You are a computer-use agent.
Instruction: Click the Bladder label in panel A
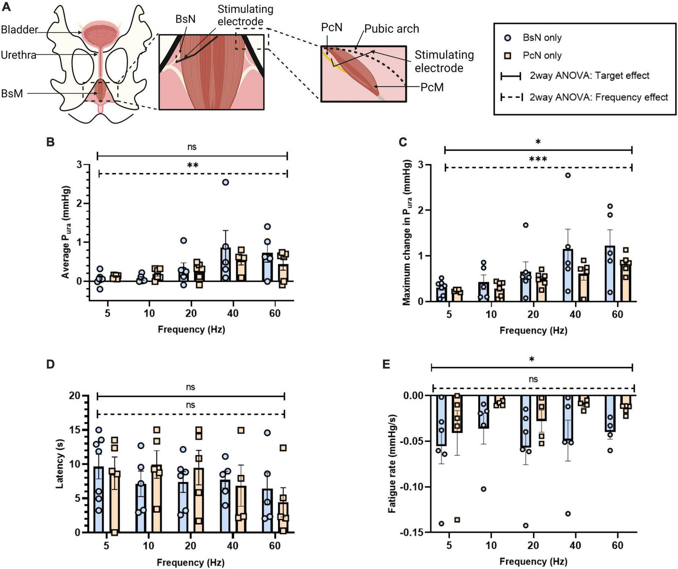[x=20, y=29]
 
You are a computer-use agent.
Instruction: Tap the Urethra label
[x=18, y=55]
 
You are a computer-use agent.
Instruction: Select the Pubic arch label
[x=391, y=29]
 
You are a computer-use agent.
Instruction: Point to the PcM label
[x=432, y=87]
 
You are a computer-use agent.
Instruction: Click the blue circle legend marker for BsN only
[x=508, y=38]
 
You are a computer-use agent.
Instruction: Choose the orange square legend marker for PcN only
[x=508, y=56]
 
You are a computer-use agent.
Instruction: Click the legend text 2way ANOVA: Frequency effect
[x=598, y=97]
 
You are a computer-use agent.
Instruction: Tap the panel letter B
[x=50, y=142]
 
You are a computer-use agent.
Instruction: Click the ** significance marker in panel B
[x=192, y=166]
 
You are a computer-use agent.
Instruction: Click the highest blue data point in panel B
[x=225, y=182]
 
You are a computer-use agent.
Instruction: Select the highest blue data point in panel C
[x=568, y=175]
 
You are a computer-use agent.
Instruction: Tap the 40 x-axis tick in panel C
[x=575, y=314]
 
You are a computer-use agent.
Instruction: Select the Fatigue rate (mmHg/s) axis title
[x=392, y=463]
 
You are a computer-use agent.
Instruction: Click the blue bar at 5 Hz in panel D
[x=99, y=499]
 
